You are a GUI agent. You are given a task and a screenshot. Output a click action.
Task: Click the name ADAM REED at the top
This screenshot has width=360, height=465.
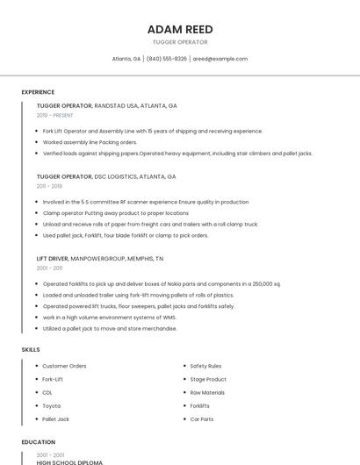click(180, 29)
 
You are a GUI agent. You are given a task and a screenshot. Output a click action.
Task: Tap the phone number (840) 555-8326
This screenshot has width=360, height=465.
click(166, 59)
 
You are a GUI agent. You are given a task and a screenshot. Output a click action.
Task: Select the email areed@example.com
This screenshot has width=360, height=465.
click(220, 59)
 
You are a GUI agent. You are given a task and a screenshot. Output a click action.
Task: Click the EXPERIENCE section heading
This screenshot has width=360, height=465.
click(38, 92)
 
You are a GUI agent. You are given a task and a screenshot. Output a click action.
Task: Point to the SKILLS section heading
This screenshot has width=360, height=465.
click(31, 350)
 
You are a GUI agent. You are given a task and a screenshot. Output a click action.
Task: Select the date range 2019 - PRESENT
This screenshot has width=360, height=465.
click(55, 115)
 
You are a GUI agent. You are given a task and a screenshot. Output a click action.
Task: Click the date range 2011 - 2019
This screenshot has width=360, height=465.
click(49, 186)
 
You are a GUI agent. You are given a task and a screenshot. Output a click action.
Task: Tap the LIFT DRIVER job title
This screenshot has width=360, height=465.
click(53, 259)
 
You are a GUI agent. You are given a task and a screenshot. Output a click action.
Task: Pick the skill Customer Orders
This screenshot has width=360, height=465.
click(64, 366)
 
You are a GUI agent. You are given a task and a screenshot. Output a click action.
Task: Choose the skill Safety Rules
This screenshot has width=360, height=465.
click(205, 366)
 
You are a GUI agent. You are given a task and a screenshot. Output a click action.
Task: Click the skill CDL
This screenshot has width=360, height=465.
click(47, 392)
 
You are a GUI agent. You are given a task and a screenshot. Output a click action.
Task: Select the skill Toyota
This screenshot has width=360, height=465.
click(51, 406)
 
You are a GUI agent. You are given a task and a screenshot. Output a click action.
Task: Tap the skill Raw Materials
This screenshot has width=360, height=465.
click(207, 392)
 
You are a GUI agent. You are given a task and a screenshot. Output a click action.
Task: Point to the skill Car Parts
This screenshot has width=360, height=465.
click(202, 419)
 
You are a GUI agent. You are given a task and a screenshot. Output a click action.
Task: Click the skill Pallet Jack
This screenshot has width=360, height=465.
click(55, 419)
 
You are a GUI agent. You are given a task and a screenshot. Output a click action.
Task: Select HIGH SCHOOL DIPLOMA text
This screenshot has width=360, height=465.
click(69, 461)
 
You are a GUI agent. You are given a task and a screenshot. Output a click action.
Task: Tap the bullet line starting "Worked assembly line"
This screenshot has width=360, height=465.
click(90, 142)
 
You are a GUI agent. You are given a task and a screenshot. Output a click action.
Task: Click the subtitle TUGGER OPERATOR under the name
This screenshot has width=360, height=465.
click(180, 42)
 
